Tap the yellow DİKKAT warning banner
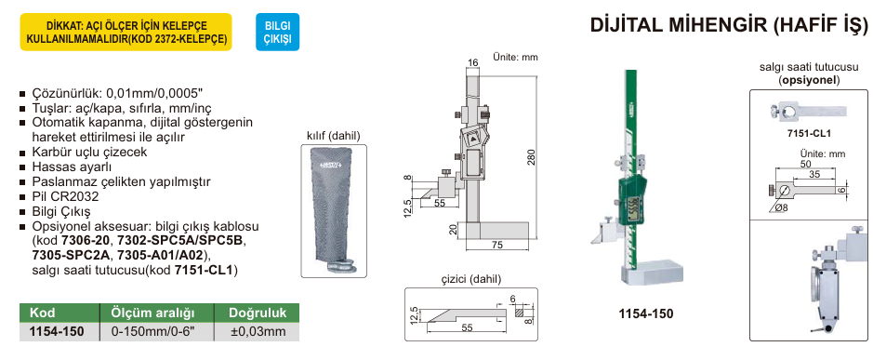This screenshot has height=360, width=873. (126, 33)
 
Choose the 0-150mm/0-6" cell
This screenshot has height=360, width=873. (152, 330)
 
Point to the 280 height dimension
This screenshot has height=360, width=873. (531, 158)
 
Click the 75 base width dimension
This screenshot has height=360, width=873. (497, 245)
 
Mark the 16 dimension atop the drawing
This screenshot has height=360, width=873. (473, 62)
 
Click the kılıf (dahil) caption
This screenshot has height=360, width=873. (333, 136)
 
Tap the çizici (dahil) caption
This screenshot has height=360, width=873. (470, 279)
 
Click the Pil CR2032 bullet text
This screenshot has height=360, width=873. (65, 197)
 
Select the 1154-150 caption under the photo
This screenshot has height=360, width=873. (645, 313)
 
